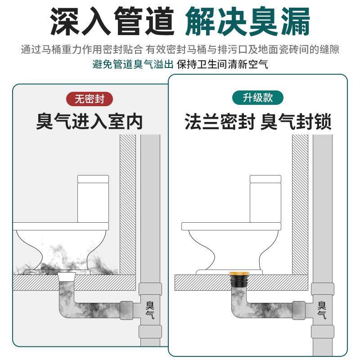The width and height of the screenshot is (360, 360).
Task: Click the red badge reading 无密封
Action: pos(90,99)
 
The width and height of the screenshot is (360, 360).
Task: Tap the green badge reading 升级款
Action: pos(258,98)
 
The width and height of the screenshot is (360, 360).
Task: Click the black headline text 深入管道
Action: pos(112,21)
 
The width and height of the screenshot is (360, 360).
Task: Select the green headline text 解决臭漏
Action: pos(248,21)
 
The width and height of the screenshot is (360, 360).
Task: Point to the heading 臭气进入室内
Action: pos(90,121)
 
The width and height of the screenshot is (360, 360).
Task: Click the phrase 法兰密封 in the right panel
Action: pos(220,121)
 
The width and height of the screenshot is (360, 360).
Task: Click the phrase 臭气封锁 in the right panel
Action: pos(296,121)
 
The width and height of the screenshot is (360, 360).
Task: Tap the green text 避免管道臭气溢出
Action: pos(133,64)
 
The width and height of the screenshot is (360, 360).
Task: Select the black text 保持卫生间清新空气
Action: pos(222,64)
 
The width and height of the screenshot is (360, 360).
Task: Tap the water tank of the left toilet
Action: pos(93,199)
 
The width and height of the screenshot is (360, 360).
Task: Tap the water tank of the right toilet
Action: pos(265,199)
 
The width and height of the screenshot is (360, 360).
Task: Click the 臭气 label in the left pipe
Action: pos(150,310)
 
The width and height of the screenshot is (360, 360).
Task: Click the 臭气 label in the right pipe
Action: pos(322,310)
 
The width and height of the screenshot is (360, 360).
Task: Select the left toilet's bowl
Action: pos(61,249)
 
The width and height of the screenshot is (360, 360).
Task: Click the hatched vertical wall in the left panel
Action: pos(128,204)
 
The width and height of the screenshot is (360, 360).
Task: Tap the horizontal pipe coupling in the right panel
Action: pos(299,310)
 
